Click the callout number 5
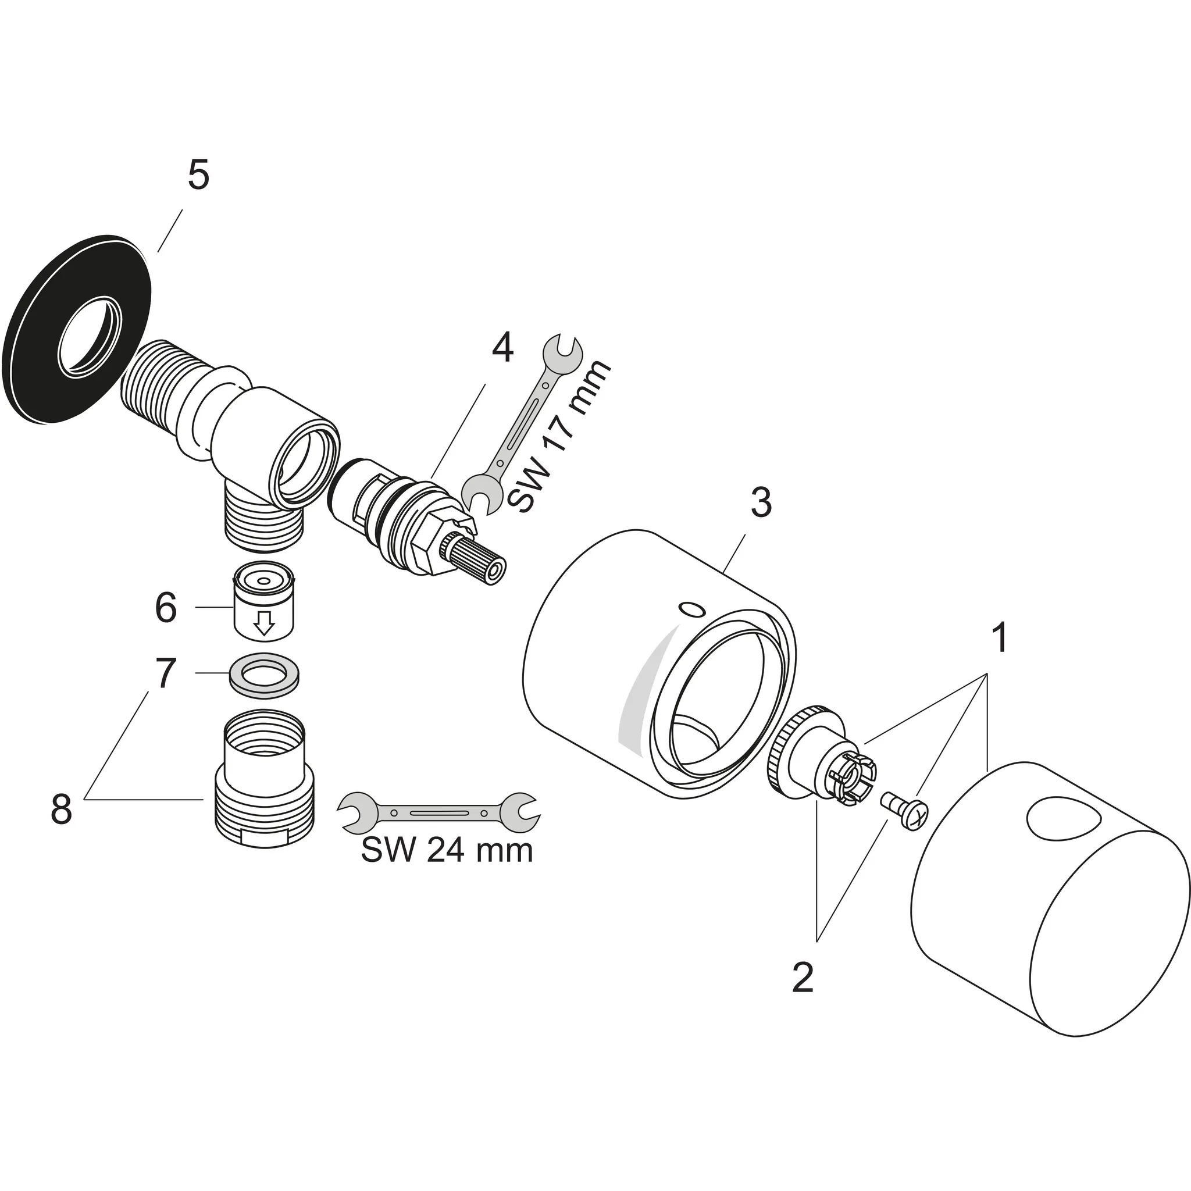coord(198,176)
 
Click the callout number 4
coord(502,348)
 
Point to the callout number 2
coord(802,978)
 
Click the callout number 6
coord(166,608)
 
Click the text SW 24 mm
coord(446,851)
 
